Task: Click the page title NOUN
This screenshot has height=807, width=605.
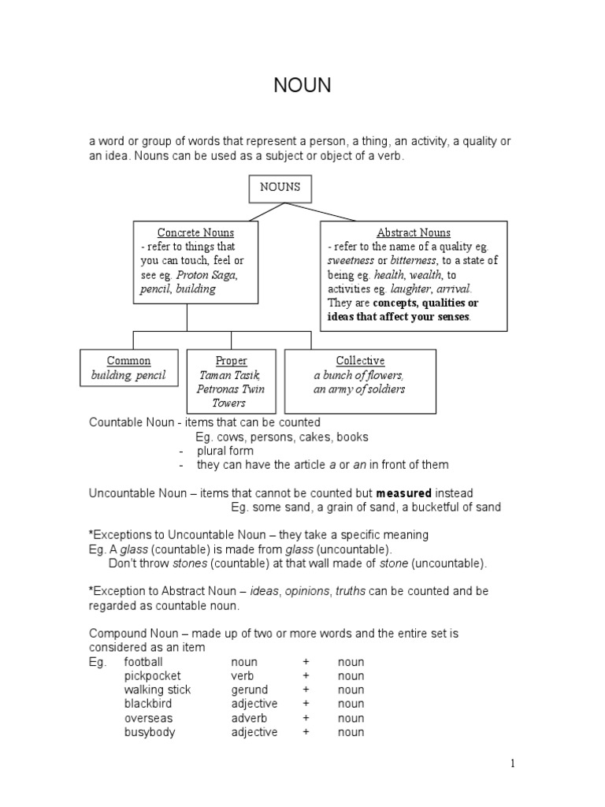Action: point(302,86)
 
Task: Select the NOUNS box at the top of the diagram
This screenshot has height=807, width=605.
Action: point(275,188)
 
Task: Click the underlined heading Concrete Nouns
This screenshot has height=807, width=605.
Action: point(195,232)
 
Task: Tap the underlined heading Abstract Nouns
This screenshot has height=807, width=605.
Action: point(414,232)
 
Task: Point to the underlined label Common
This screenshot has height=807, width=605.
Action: point(128,361)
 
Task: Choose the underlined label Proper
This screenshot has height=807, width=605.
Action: point(231,361)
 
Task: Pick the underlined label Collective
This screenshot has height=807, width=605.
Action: point(360,361)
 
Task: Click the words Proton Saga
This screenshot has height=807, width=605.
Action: point(207,275)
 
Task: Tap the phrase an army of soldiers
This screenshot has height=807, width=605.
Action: point(359,389)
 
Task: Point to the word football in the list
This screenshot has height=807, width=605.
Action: point(143,662)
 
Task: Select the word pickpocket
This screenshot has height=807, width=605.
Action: point(152,676)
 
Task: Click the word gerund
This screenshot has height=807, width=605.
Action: point(249,690)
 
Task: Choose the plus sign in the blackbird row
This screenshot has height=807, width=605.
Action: point(305,704)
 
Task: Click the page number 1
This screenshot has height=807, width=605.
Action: point(512,763)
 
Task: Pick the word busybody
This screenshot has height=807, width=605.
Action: point(150,733)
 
